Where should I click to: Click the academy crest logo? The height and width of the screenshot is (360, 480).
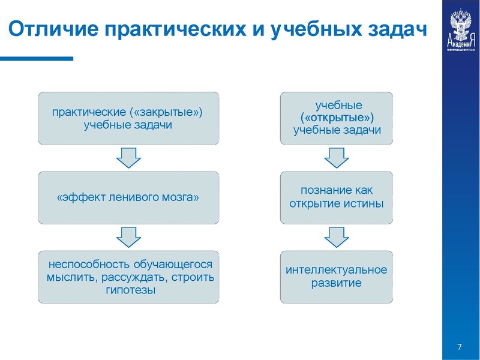pyautogui.click(x=461, y=30)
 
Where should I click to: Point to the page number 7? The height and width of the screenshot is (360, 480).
pyautogui.click(x=459, y=347)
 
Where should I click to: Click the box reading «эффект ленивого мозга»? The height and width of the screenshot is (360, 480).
pyautogui.click(x=128, y=198)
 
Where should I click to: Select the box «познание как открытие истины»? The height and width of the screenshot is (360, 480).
pyautogui.click(x=337, y=197)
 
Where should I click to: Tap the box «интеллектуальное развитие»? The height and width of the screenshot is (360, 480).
pyautogui.click(x=337, y=276)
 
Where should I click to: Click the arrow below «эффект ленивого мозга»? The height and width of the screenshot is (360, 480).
pyautogui.click(x=128, y=237)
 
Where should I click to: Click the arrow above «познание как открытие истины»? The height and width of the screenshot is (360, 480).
pyautogui.click(x=337, y=158)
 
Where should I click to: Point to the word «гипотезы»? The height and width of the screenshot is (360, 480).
pyautogui.click(x=127, y=290)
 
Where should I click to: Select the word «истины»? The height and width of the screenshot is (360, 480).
pyautogui.click(x=367, y=203)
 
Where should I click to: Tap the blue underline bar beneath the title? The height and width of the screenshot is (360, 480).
pyautogui.click(x=36, y=59)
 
